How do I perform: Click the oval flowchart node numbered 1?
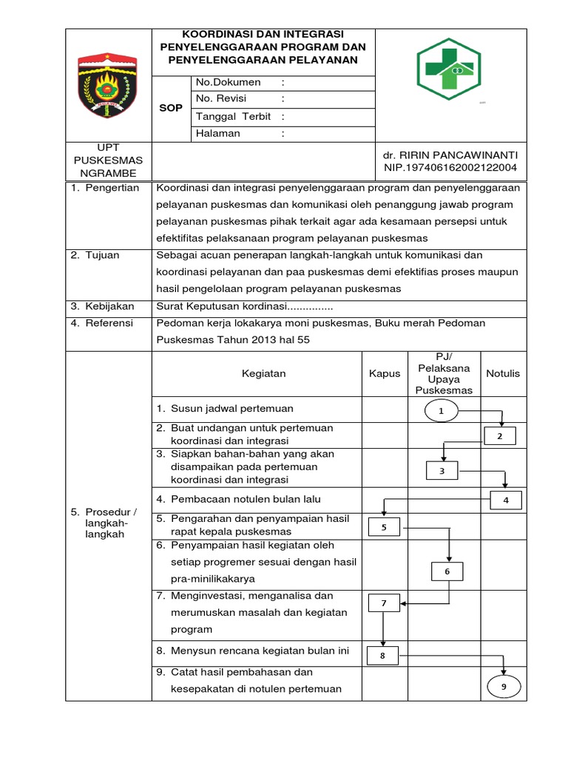click(x=442, y=411)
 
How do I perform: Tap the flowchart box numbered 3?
click(x=443, y=471)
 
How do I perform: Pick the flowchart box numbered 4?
click(x=506, y=500)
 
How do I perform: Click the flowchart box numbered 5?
click(x=384, y=527)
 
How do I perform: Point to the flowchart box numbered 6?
click(x=447, y=571)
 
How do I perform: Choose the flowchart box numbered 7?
click(x=384, y=603)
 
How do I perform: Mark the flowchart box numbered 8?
click(x=383, y=655)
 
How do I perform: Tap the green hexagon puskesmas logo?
click(x=448, y=69)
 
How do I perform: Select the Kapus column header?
click(x=385, y=373)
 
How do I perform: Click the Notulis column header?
click(x=503, y=373)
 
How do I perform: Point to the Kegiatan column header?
click(x=264, y=373)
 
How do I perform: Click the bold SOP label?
click(x=171, y=108)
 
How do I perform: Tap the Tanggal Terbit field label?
click(x=233, y=117)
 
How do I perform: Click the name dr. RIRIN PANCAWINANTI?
click(x=450, y=155)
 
